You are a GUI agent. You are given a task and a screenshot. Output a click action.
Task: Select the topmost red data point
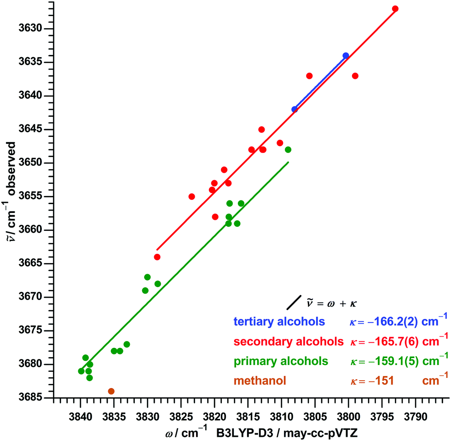click(395, 9)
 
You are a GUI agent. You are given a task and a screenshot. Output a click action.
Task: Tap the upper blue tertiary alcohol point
click(346, 56)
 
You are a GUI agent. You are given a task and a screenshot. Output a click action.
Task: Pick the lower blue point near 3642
click(295, 109)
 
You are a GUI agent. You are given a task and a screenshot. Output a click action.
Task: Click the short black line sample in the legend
click(294, 302)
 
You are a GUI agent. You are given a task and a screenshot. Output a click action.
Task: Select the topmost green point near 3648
click(288, 149)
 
